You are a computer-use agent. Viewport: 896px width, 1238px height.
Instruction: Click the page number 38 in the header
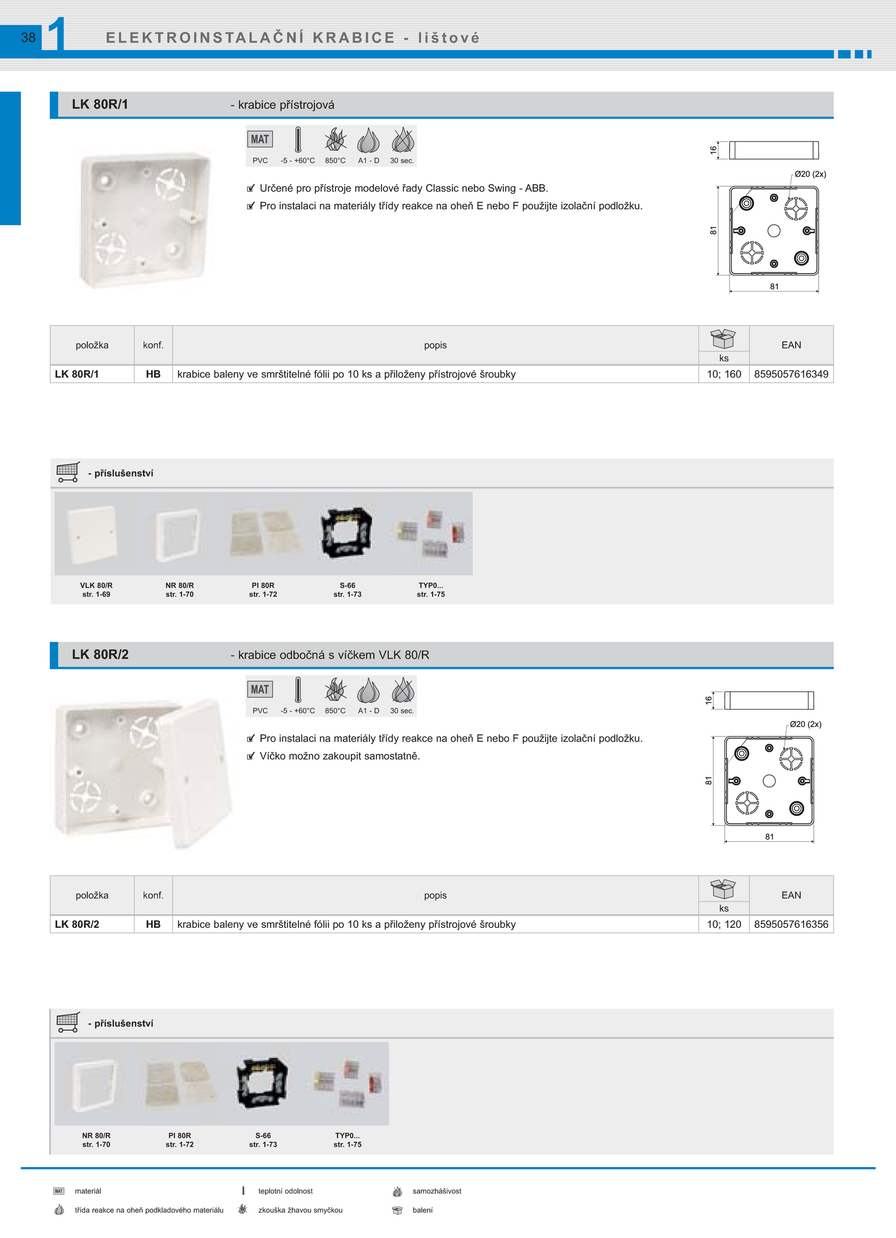pyautogui.click(x=28, y=37)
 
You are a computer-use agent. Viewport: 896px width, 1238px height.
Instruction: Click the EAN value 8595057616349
pyautogui.click(x=791, y=374)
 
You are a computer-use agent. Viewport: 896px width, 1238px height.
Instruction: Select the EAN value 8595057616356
pyautogui.click(x=791, y=924)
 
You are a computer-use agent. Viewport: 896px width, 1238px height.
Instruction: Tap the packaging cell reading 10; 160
pyautogui.click(x=724, y=374)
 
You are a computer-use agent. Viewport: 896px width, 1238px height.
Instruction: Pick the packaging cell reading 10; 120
pyautogui.click(x=724, y=924)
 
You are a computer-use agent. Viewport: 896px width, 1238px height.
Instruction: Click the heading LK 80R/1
pyautogui.click(x=100, y=104)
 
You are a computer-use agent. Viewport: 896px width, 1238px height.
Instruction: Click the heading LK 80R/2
pyautogui.click(x=100, y=654)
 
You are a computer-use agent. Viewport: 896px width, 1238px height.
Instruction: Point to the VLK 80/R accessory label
pyautogui.click(x=96, y=585)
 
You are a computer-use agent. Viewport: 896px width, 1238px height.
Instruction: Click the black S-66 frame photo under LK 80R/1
pyautogui.click(x=347, y=532)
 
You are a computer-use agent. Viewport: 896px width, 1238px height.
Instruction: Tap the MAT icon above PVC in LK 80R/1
pyautogui.click(x=260, y=139)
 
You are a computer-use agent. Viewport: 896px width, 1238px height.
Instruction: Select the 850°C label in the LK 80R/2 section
pyautogui.click(x=335, y=711)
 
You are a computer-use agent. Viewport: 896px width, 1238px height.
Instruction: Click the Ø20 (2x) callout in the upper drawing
pyautogui.click(x=810, y=174)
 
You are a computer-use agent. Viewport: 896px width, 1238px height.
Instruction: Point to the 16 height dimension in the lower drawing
pyautogui.click(x=708, y=700)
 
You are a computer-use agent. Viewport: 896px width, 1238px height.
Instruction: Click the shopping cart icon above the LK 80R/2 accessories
pyautogui.click(x=68, y=1023)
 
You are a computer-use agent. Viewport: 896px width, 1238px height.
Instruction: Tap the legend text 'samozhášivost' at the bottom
pyautogui.click(x=437, y=1191)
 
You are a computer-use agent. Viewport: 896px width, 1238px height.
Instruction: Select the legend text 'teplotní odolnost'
pyautogui.click(x=285, y=1191)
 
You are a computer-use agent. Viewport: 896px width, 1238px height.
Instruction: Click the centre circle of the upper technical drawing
pyautogui.click(x=774, y=231)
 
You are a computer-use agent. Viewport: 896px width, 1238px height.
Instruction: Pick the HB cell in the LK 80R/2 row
pyautogui.click(x=153, y=924)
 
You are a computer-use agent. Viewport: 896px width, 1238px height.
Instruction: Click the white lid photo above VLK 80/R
pyautogui.click(x=92, y=535)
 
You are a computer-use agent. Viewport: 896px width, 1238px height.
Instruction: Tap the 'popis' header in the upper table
pyautogui.click(x=435, y=345)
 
